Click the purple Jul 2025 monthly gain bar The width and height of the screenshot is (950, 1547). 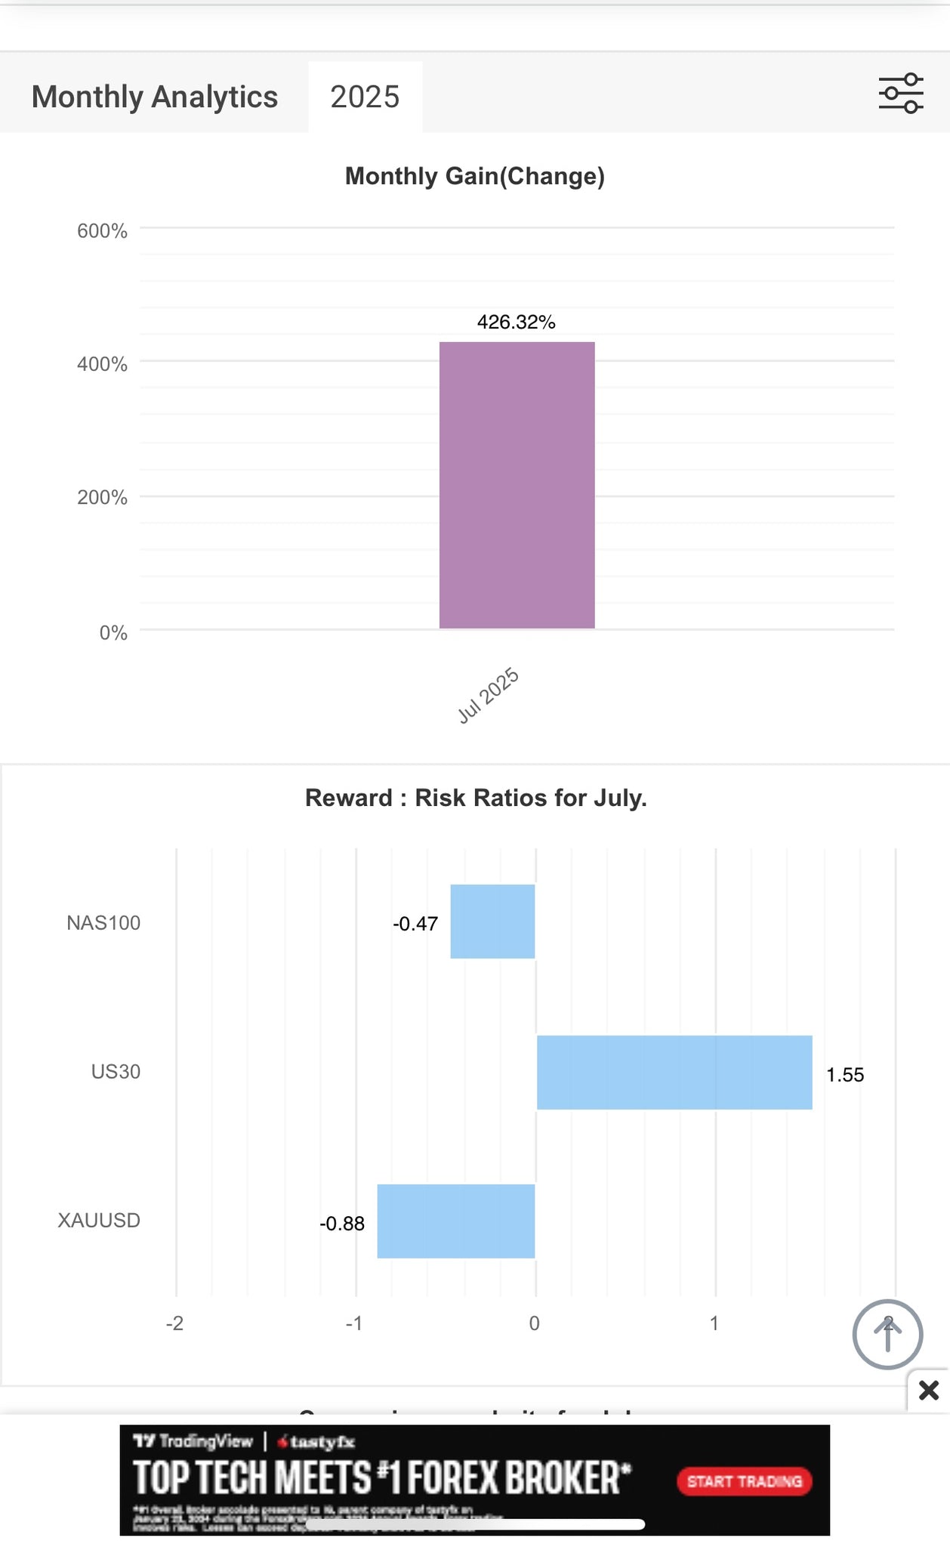click(517, 485)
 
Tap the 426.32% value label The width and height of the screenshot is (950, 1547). click(516, 322)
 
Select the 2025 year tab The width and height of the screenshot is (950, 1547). click(365, 97)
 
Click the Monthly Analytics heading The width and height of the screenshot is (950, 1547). click(155, 97)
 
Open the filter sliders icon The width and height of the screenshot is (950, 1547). click(900, 94)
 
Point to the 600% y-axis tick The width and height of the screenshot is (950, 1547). click(102, 231)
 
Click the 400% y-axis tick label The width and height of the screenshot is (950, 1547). click(102, 364)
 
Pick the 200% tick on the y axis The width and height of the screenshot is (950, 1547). click(102, 498)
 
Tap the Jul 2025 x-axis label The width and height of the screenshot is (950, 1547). click(489, 695)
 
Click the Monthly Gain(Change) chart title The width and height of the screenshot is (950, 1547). click(475, 176)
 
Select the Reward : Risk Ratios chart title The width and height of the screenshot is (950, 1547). click(476, 798)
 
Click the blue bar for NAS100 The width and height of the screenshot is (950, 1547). click(492, 922)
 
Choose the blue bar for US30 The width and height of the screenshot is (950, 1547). click(674, 1072)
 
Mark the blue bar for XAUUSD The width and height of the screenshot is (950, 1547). click(456, 1221)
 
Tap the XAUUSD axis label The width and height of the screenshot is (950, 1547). click(99, 1221)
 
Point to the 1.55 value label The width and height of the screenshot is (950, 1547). click(845, 1075)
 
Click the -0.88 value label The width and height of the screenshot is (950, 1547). click(342, 1224)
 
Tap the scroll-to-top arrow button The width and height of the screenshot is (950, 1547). click(887, 1335)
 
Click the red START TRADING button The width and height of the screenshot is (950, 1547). click(744, 1481)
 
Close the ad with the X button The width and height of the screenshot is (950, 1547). click(929, 1390)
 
